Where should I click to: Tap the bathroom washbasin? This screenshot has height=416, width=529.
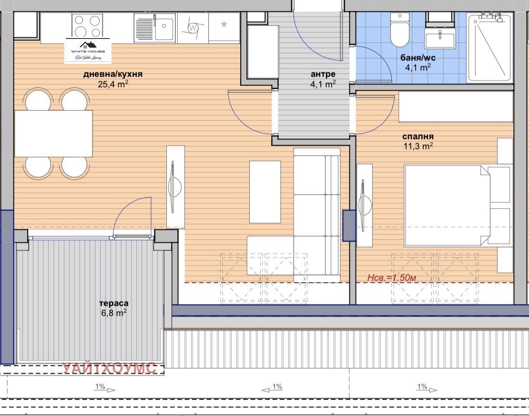pyautogui.click(x=440, y=38)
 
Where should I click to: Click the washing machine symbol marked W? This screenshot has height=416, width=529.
pyautogui.click(x=193, y=28)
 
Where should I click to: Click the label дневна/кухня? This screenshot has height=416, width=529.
pyautogui.click(x=112, y=74)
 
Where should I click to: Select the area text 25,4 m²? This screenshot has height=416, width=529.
pyautogui.click(x=113, y=85)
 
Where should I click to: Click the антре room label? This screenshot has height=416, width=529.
pyautogui.click(x=323, y=74)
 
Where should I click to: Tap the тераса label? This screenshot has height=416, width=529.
pyautogui.click(x=113, y=303)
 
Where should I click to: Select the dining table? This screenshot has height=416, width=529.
pyautogui.click(x=53, y=133)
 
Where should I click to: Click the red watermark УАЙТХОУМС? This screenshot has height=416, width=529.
pyautogui.click(x=110, y=368)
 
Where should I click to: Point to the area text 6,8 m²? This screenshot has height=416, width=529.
pyautogui.click(x=113, y=313)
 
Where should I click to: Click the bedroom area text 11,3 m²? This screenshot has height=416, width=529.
pyautogui.click(x=417, y=146)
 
